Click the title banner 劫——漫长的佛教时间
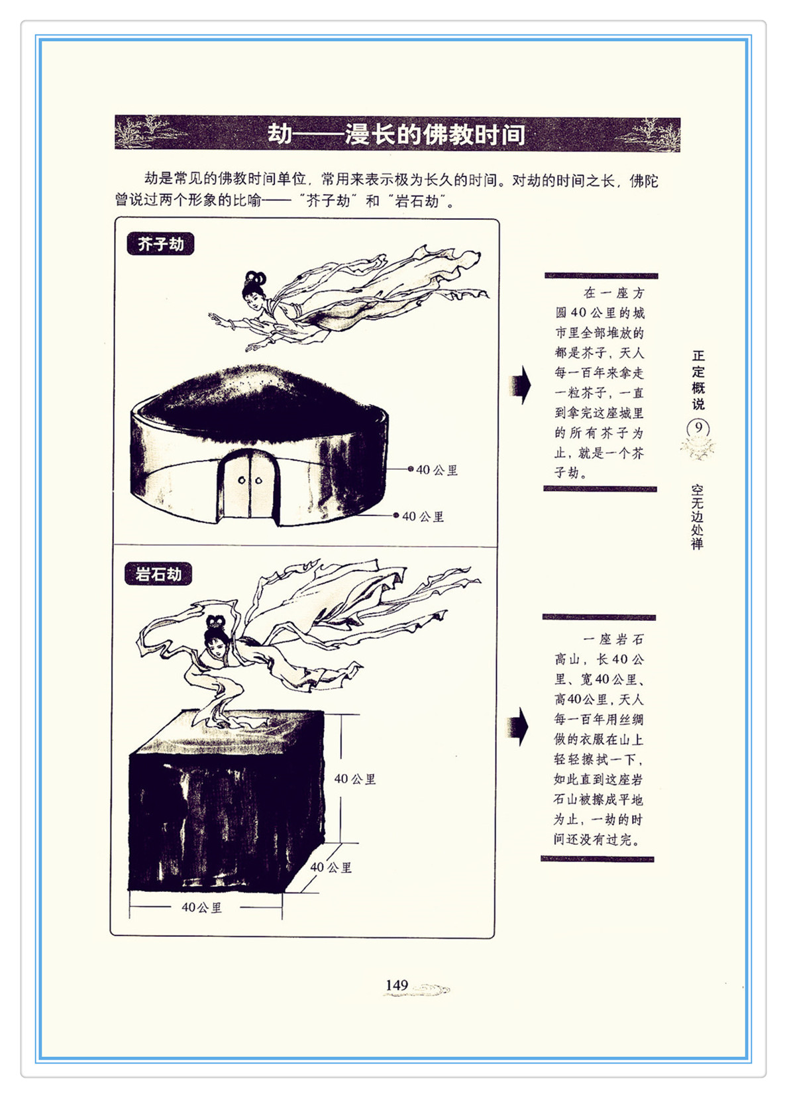[x=397, y=133]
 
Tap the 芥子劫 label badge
[x=160, y=244]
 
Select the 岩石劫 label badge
[x=158, y=574]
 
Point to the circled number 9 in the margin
[x=698, y=429]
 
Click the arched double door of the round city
[x=250, y=484]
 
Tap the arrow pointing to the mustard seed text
[x=520, y=385]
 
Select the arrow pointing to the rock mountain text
[x=519, y=727]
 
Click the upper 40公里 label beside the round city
[x=437, y=470]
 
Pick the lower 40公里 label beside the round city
[x=423, y=516]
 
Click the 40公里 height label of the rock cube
[x=355, y=779]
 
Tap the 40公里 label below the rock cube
[x=201, y=907]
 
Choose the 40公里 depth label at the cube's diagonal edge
[x=331, y=867]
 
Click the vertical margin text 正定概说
[x=698, y=380]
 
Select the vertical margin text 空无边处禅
[x=697, y=516]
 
